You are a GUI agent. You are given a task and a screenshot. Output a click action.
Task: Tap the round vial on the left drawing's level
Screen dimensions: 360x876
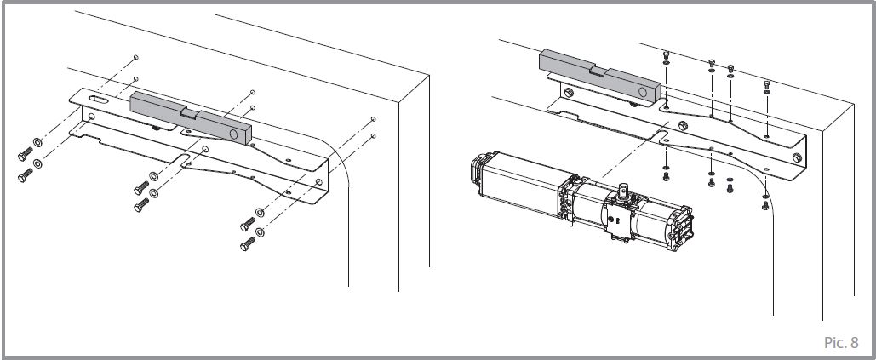(x=234, y=134)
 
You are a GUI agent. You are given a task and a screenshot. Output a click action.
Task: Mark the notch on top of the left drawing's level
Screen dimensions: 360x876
(x=189, y=111)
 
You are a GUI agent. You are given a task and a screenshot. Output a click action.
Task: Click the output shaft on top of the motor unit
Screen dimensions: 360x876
(x=623, y=191)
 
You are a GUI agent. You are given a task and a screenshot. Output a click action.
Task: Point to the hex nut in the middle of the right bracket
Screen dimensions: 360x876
(x=681, y=128)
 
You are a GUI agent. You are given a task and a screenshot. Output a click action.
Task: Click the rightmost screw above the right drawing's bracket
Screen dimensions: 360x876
(x=767, y=83)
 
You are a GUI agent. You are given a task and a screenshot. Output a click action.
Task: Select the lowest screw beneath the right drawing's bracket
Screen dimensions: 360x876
(x=765, y=204)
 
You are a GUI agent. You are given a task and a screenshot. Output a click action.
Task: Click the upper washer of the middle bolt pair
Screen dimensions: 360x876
(x=153, y=176)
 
